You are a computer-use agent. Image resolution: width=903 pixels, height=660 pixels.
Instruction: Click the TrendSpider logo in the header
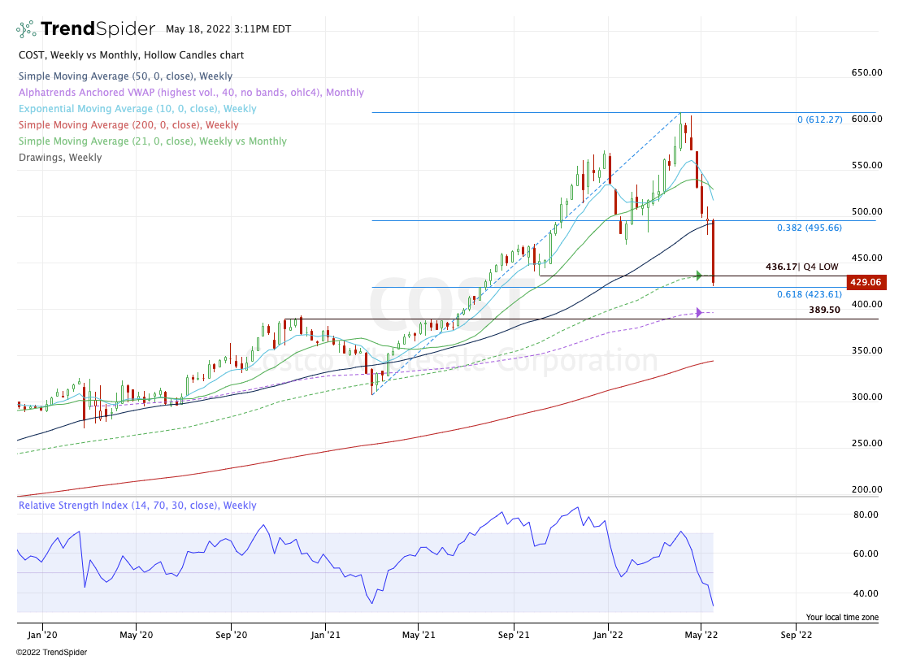click(85, 29)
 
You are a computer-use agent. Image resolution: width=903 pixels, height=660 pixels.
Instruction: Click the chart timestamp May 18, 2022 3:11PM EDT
click(228, 29)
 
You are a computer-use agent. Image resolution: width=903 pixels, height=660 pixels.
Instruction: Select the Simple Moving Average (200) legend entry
click(128, 125)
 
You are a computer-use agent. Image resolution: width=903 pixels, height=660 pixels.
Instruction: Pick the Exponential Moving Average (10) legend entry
click(137, 109)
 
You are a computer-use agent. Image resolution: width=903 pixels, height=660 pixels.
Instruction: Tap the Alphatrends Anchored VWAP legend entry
click(191, 93)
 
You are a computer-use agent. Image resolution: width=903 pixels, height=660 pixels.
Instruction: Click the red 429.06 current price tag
click(866, 283)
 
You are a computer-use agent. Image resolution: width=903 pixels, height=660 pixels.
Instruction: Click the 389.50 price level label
click(824, 310)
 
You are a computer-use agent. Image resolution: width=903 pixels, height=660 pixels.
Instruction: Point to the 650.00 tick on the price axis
click(866, 73)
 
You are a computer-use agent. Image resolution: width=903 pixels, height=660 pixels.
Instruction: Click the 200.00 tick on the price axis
click(866, 489)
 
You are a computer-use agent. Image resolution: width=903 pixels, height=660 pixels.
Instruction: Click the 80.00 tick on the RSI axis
click(864, 515)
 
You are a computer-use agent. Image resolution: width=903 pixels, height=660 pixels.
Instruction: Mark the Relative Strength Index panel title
click(137, 506)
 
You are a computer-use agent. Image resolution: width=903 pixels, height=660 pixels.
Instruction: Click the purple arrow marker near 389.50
click(698, 312)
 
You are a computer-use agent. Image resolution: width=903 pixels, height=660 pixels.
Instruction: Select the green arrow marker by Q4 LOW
click(698, 276)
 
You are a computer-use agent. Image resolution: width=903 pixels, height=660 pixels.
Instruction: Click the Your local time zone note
click(842, 618)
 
